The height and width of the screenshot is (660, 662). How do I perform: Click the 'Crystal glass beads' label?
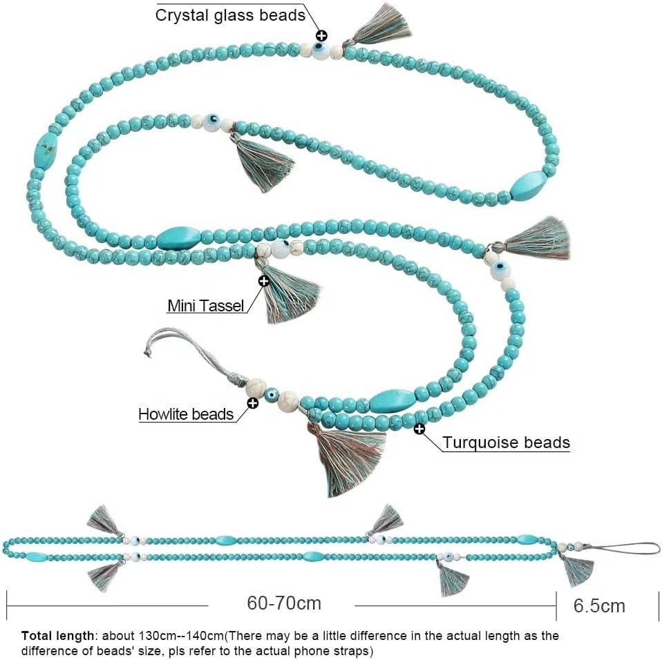230,15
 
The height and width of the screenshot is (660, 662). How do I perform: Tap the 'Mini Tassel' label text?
206,305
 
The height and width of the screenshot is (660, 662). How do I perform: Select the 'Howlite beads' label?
186,414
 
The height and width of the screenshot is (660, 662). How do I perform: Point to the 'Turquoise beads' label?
507,442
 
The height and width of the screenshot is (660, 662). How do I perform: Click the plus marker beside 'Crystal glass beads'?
322,35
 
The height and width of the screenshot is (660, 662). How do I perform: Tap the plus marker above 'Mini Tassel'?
264,281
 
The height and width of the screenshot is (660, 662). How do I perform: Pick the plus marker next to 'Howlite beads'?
252,403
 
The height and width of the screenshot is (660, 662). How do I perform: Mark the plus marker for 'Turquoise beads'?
419,429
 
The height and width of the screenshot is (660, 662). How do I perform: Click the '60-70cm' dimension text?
284,603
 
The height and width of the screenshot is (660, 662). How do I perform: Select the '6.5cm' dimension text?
599,605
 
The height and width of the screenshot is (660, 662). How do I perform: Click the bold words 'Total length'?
57,636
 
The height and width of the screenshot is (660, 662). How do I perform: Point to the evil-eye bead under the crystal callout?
321,50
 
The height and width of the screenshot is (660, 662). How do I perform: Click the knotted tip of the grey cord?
147,351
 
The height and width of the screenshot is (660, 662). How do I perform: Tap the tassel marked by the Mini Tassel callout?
286,291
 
